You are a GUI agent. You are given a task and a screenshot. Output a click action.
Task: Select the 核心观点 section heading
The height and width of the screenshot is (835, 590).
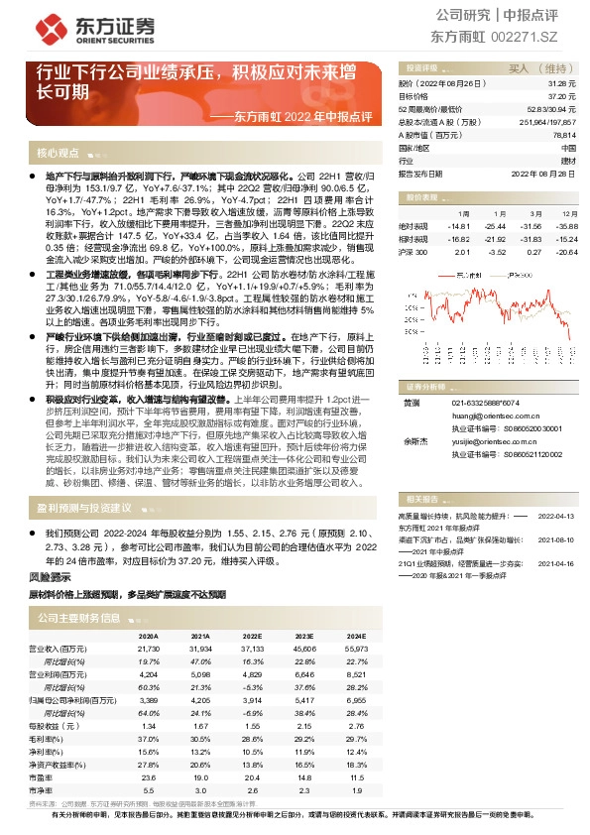(x=58, y=153)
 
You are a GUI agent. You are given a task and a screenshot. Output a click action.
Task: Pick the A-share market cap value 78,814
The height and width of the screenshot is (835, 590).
(x=563, y=134)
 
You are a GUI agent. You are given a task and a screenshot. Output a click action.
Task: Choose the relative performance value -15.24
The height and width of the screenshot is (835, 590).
(x=566, y=239)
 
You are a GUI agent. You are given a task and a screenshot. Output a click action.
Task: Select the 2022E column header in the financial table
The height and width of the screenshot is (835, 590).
(x=253, y=635)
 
